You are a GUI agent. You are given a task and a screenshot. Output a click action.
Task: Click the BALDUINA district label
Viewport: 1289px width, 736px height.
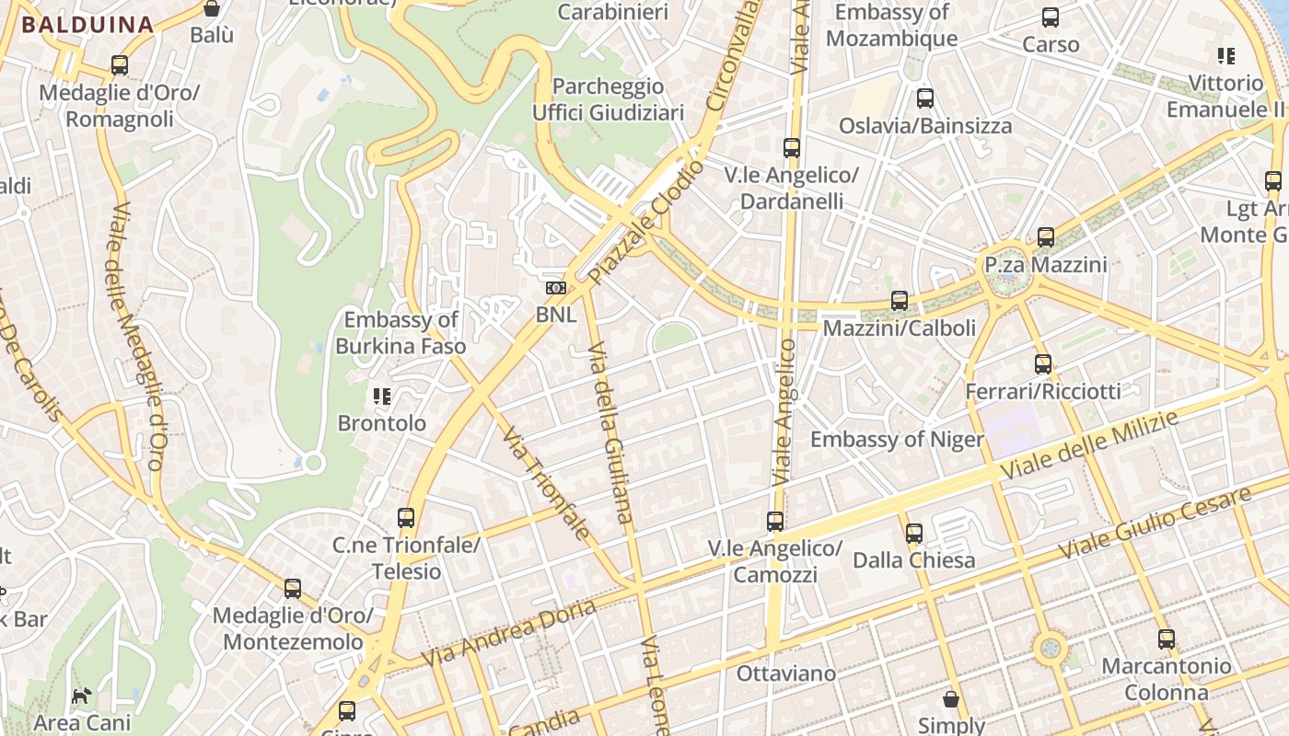[x=87, y=25]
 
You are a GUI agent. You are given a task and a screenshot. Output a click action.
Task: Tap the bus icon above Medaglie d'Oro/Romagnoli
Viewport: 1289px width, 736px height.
[x=119, y=65]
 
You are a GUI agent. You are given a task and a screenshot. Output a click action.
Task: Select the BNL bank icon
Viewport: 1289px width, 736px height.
[x=555, y=288]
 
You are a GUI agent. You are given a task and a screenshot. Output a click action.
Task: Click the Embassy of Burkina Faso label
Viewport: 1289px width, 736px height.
[x=401, y=333]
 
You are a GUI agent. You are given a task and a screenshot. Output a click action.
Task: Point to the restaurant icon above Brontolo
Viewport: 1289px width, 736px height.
[x=382, y=397]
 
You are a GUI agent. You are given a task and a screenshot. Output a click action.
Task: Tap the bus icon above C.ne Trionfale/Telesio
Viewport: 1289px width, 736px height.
[x=406, y=518]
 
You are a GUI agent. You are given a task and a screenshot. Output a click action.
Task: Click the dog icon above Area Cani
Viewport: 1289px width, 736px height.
[x=83, y=696]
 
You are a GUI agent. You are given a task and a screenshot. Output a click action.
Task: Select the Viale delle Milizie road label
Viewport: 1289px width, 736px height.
[x=1088, y=446]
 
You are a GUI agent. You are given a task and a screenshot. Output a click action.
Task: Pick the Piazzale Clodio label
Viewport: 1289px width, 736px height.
[x=646, y=222]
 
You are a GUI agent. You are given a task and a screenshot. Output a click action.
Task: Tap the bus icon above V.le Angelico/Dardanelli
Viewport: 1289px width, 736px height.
[x=791, y=147]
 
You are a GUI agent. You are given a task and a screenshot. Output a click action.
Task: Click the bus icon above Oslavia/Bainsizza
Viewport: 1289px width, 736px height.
[x=925, y=98]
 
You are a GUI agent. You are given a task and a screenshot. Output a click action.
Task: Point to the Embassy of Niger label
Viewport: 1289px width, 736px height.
[x=897, y=440]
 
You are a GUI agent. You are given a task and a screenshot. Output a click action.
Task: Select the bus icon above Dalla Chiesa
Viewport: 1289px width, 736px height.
[x=913, y=533]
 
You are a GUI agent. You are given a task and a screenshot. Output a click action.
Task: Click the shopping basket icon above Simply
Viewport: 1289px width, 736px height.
[x=951, y=699]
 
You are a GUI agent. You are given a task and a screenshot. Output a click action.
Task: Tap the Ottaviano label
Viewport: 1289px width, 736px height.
[x=786, y=673]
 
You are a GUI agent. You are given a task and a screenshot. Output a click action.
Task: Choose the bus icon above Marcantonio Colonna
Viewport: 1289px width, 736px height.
[x=1167, y=638]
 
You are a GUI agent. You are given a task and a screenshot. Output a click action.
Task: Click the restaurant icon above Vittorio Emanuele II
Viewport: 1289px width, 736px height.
[x=1225, y=56]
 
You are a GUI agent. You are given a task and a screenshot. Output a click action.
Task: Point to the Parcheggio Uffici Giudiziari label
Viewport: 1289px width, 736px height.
[x=609, y=99]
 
